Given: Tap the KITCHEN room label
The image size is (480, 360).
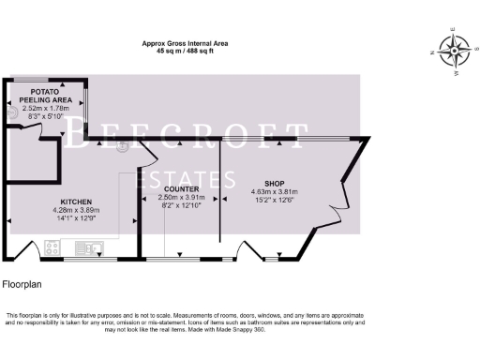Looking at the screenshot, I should tap(76, 202).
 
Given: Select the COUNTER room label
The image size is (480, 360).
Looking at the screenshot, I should tap(177, 189).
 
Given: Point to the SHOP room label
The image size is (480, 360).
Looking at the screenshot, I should tap(274, 184).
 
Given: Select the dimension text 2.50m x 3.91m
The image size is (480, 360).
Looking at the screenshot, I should tap(177, 198).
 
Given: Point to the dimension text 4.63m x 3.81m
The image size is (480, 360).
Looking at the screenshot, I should tap(274, 192).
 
